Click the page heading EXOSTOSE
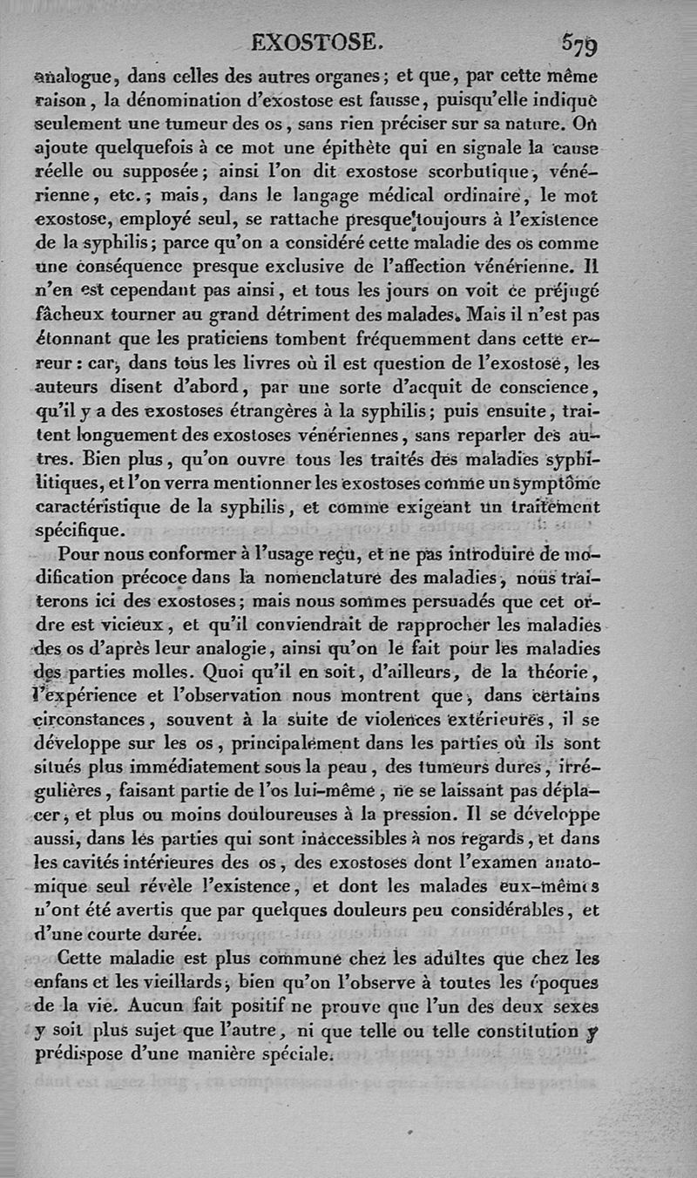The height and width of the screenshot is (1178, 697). (x=315, y=41)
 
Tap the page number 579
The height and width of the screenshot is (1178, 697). (x=579, y=41)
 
